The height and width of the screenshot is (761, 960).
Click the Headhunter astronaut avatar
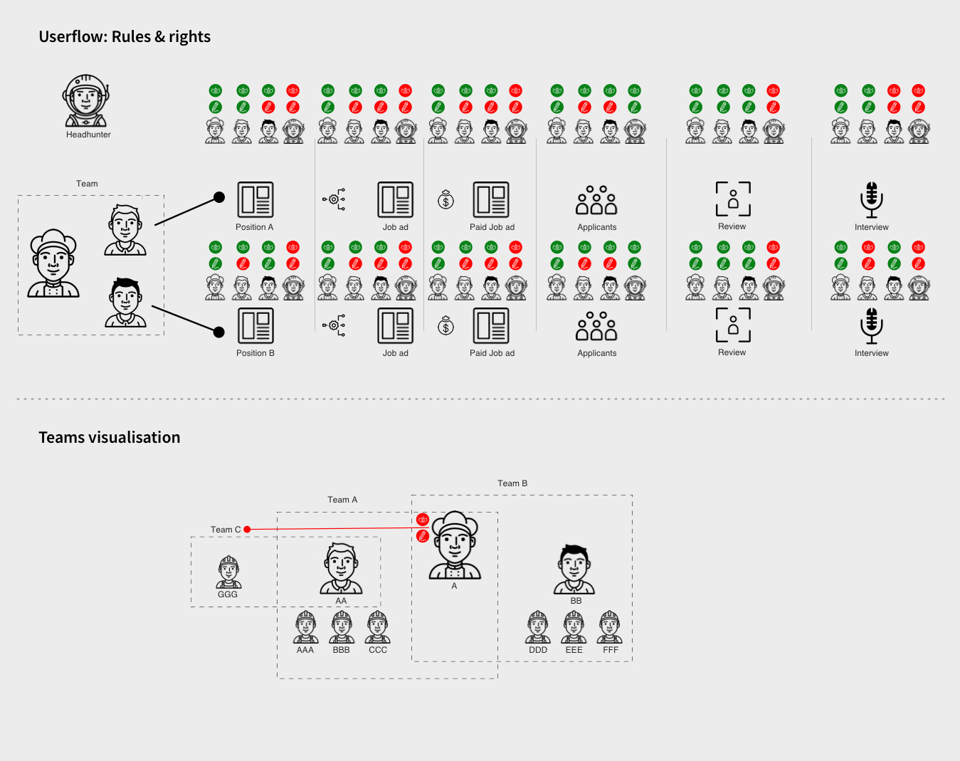pyautogui.click(x=86, y=101)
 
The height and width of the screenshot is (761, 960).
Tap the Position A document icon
pyautogui.click(x=255, y=199)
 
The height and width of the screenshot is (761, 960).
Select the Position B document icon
pyautogui.click(x=255, y=326)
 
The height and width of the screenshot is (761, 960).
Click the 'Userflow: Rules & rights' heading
pyautogui.click(x=125, y=36)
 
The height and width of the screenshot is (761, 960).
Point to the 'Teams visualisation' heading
pyautogui.click(x=110, y=437)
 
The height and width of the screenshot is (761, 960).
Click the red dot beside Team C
pyautogui.click(x=247, y=530)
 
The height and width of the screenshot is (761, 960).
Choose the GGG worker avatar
pyautogui.click(x=228, y=572)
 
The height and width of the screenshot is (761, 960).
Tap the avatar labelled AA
pyautogui.click(x=341, y=568)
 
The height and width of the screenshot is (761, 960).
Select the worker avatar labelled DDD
pyautogui.click(x=537, y=627)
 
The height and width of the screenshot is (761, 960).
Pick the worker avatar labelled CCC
pyautogui.click(x=377, y=627)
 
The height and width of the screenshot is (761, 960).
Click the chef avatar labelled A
pyautogui.click(x=455, y=545)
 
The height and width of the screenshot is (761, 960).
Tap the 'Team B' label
pyautogui.click(x=512, y=483)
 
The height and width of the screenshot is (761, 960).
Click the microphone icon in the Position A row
pyautogui.click(x=871, y=199)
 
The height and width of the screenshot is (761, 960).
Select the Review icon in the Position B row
pyautogui.click(x=733, y=325)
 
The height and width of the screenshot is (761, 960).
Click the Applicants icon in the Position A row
pyautogui.click(x=596, y=200)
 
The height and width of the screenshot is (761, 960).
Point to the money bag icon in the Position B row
pyautogui.click(x=445, y=326)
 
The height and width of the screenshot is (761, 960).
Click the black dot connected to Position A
pyautogui.click(x=219, y=197)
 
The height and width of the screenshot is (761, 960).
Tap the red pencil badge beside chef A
pyautogui.click(x=423, y=536)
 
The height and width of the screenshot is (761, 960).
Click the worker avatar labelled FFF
pyautogui.click(x=610, y=627)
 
